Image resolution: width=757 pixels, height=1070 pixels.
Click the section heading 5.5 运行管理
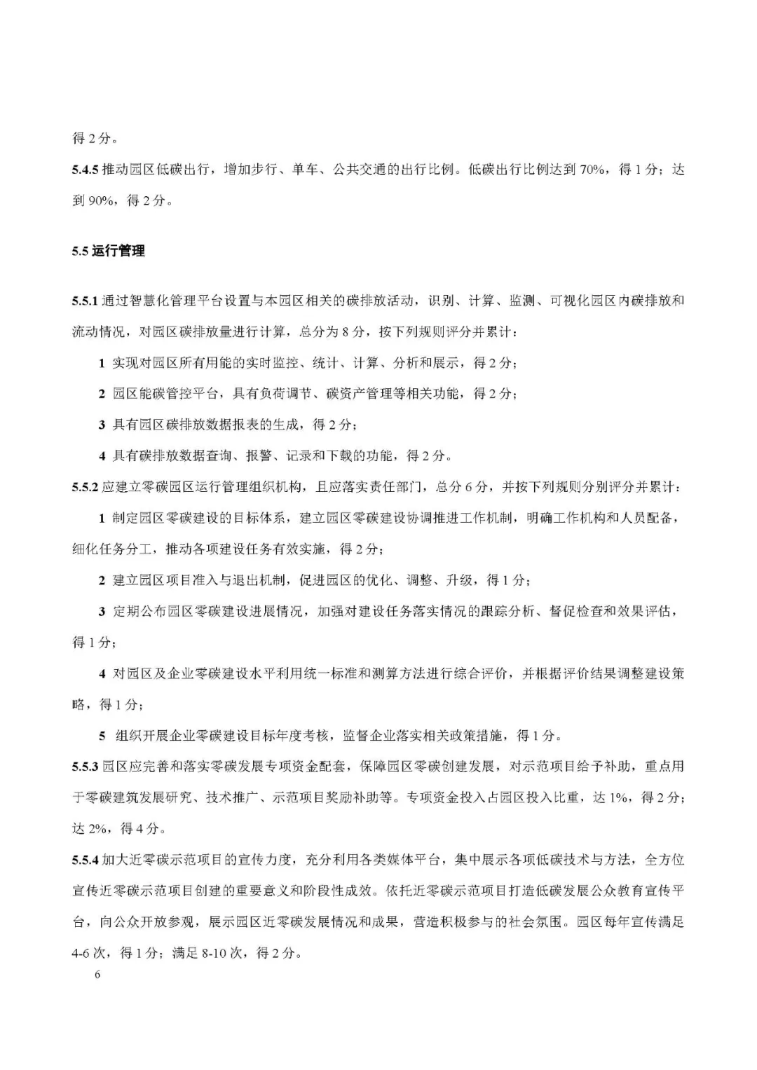(x=108, y=251)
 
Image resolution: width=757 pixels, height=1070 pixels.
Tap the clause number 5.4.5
(x=86, y=170)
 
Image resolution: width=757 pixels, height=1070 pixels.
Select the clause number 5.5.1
(x=86, y=301)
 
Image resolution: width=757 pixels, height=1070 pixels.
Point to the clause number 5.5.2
(x=86, y=487)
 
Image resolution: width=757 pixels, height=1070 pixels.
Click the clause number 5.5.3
(x=86, y=767)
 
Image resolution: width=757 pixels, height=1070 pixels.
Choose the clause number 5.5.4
(x=86, y=860)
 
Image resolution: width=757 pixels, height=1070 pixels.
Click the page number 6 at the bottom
(x=97, y=975)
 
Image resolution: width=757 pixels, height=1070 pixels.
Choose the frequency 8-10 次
(x=217, y=953)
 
